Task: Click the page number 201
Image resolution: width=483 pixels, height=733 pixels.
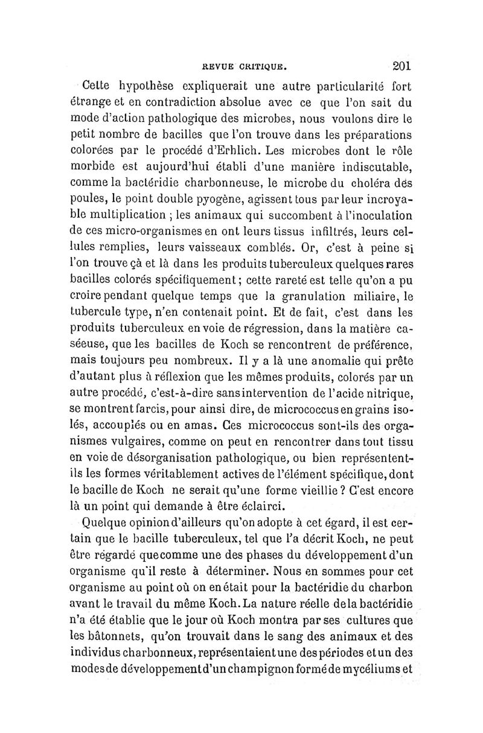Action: pyautogui.click(x=401, y=65)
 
